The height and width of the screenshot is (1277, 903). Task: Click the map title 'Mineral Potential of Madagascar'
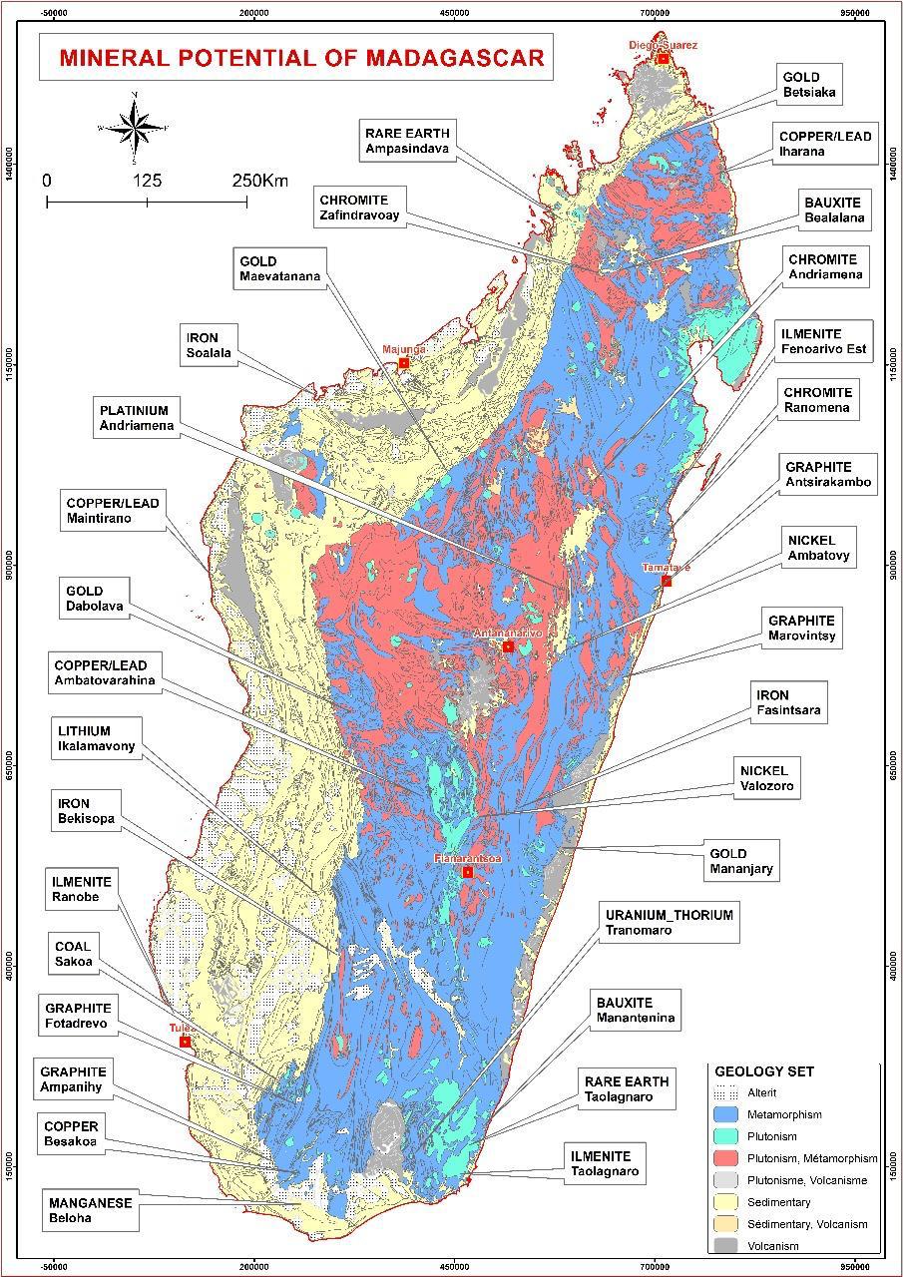301,57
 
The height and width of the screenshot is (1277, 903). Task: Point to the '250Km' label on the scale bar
259,181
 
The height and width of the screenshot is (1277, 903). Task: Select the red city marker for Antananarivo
508,646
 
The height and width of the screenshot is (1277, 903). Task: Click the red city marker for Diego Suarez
663,58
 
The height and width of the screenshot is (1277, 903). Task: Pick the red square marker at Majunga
404,362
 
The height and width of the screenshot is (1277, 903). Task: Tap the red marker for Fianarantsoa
467,872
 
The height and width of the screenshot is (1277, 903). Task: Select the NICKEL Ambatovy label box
818,548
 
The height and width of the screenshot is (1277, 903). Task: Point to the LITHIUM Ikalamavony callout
96,739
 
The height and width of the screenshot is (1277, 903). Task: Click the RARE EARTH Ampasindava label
407,141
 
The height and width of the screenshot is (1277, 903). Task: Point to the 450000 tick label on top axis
455,13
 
